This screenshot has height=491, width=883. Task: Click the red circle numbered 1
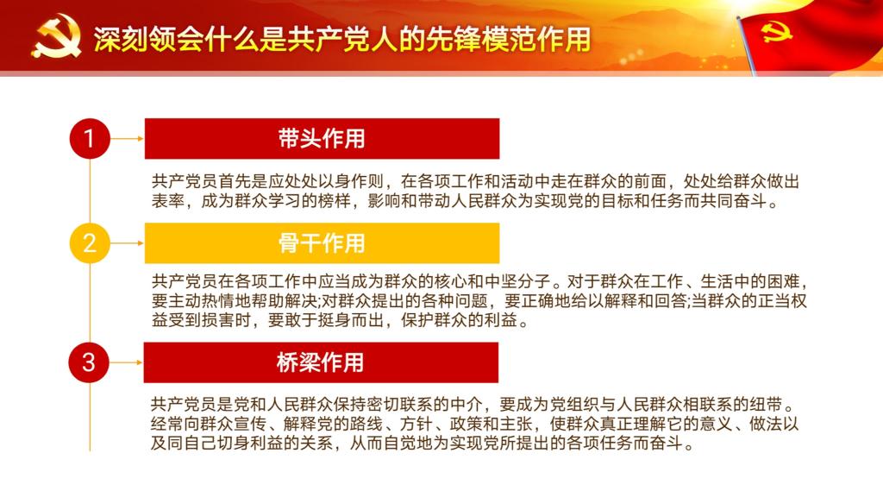(x=89, y=139)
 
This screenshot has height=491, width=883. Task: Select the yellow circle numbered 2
(x=89, y=243)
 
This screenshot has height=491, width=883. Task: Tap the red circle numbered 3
(x=89, y=362)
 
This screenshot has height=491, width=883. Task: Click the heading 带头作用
(x=322, y=139)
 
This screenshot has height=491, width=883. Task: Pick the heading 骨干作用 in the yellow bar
(x=322, y=243)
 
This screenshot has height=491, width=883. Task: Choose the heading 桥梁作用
(x=321, y=362)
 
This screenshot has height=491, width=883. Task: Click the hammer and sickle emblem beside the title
(x=56, y=36)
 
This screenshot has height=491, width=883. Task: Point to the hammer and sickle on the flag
(x=777, y=33)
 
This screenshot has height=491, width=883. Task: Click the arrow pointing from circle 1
(x=128, y=139)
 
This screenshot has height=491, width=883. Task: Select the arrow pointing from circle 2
(x=128, y=243)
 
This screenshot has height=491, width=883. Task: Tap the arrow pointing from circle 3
(x=126, y=362)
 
